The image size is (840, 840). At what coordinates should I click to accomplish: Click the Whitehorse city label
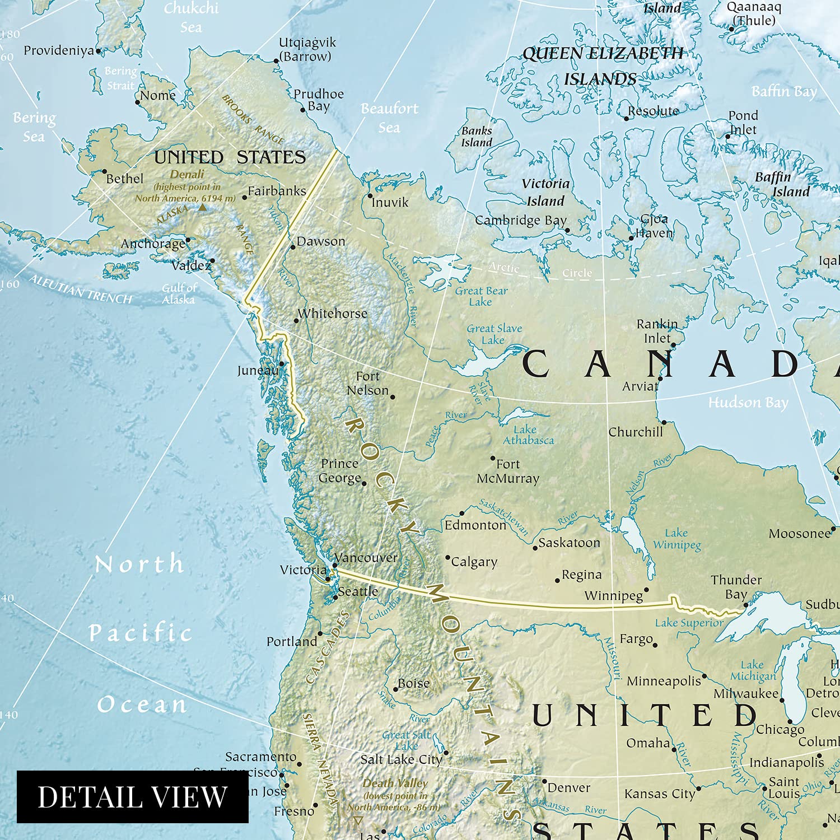(x=333, y=314)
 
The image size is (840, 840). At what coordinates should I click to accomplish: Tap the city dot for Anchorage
(x=188, y=240)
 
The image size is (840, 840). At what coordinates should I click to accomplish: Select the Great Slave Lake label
(x=494, y=334)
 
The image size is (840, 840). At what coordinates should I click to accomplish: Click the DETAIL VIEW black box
(x=132, y=797)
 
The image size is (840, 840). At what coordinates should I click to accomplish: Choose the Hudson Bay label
(x=748, y=403)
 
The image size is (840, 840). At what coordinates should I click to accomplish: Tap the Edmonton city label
(x=475, y=525)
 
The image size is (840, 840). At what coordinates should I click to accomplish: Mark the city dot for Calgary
(x=447, y=558)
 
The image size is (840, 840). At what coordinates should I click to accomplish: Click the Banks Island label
(x=477, y=137)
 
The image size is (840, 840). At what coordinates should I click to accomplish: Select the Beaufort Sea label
(x=389, y=118)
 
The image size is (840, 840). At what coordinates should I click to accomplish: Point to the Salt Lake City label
(x=401, y=760)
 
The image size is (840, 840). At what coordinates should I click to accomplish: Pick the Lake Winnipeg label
(x=676, y=539)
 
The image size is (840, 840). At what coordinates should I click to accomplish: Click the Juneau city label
(x=257, y=371)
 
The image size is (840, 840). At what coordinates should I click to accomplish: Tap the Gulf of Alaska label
(x=179, y=294)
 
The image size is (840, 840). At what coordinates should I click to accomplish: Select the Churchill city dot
(x=664, y=422)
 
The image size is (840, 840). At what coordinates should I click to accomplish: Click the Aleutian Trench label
(x=81, y=290)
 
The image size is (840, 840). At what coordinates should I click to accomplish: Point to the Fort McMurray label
(x=508, y=472)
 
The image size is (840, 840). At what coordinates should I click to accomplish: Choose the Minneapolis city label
(x=664, y=682)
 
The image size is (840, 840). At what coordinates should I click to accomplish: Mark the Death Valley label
(x=395, y=783)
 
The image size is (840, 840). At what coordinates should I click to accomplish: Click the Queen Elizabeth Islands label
(x=602, y=66)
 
